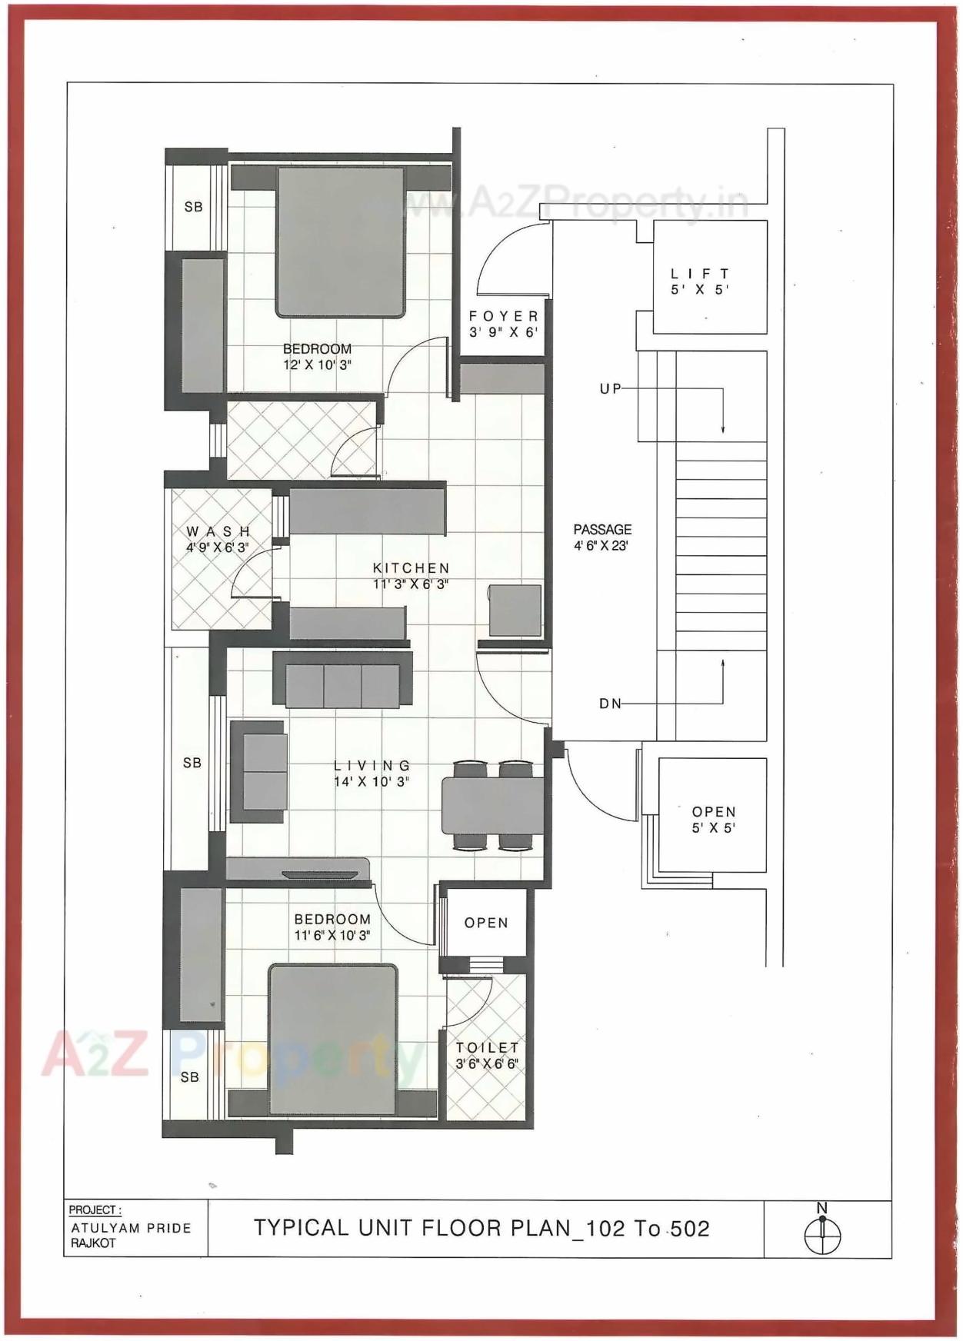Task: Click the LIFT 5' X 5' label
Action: (x=699, y=281)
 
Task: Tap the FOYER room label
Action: (x=503, y=324)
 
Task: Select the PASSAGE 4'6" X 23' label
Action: (x=602, y=537)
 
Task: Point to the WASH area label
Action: (x=218, y=539)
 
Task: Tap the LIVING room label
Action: (x=372, y=774)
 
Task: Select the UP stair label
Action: (x=611, y=389)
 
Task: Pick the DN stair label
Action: (x=611, y=704)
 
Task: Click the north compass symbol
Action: (x=822, y=1235)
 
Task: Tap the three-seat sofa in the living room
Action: (x=342, y=680)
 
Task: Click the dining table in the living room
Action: (x=492, y=806)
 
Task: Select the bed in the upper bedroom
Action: (x=340, y=242)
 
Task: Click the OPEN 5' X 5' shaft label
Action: (x=713, y=820)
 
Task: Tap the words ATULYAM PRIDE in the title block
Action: (x=131, y=1228)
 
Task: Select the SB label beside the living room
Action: (x=192, y=763)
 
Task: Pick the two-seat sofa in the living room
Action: (x=259, y=772)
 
